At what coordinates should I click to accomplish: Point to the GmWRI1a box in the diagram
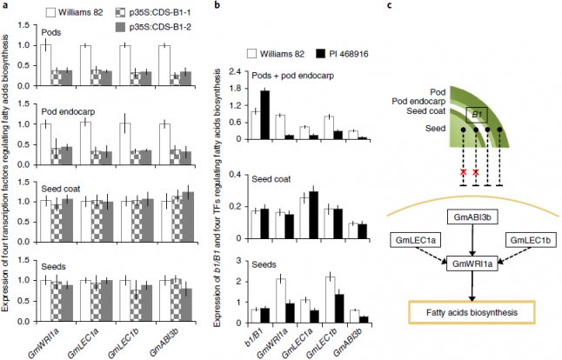pyautogui.click(x=470, y=262)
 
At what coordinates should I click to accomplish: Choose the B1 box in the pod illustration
pyautogui.click(x=478, y=113)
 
